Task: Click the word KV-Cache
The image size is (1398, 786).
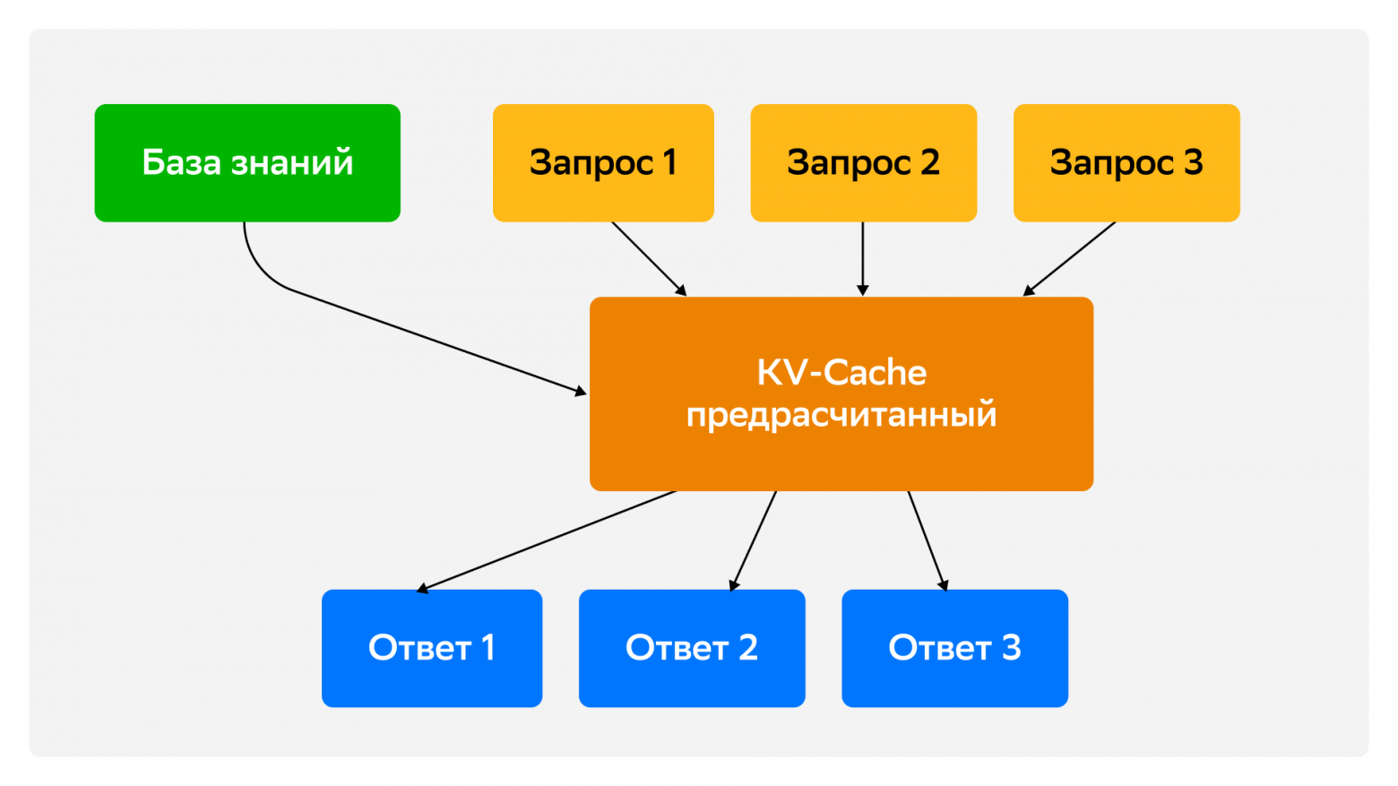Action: tap(841, 373)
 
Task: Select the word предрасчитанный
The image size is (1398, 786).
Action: tap(841, 416)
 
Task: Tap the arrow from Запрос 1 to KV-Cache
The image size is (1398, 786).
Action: tap(648, 258)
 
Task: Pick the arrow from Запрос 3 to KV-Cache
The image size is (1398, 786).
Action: tap(1070, 258)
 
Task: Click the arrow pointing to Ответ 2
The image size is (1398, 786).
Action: tap(754, 540)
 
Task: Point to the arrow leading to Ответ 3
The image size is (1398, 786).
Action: tap(927, 540)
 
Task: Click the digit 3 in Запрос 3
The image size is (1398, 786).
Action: tap(1193, 162)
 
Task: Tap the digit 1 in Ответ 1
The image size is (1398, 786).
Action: tap(488, 647)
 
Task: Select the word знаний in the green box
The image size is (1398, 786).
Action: tap(292, 162)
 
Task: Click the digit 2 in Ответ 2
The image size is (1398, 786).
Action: tap(747, 647)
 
